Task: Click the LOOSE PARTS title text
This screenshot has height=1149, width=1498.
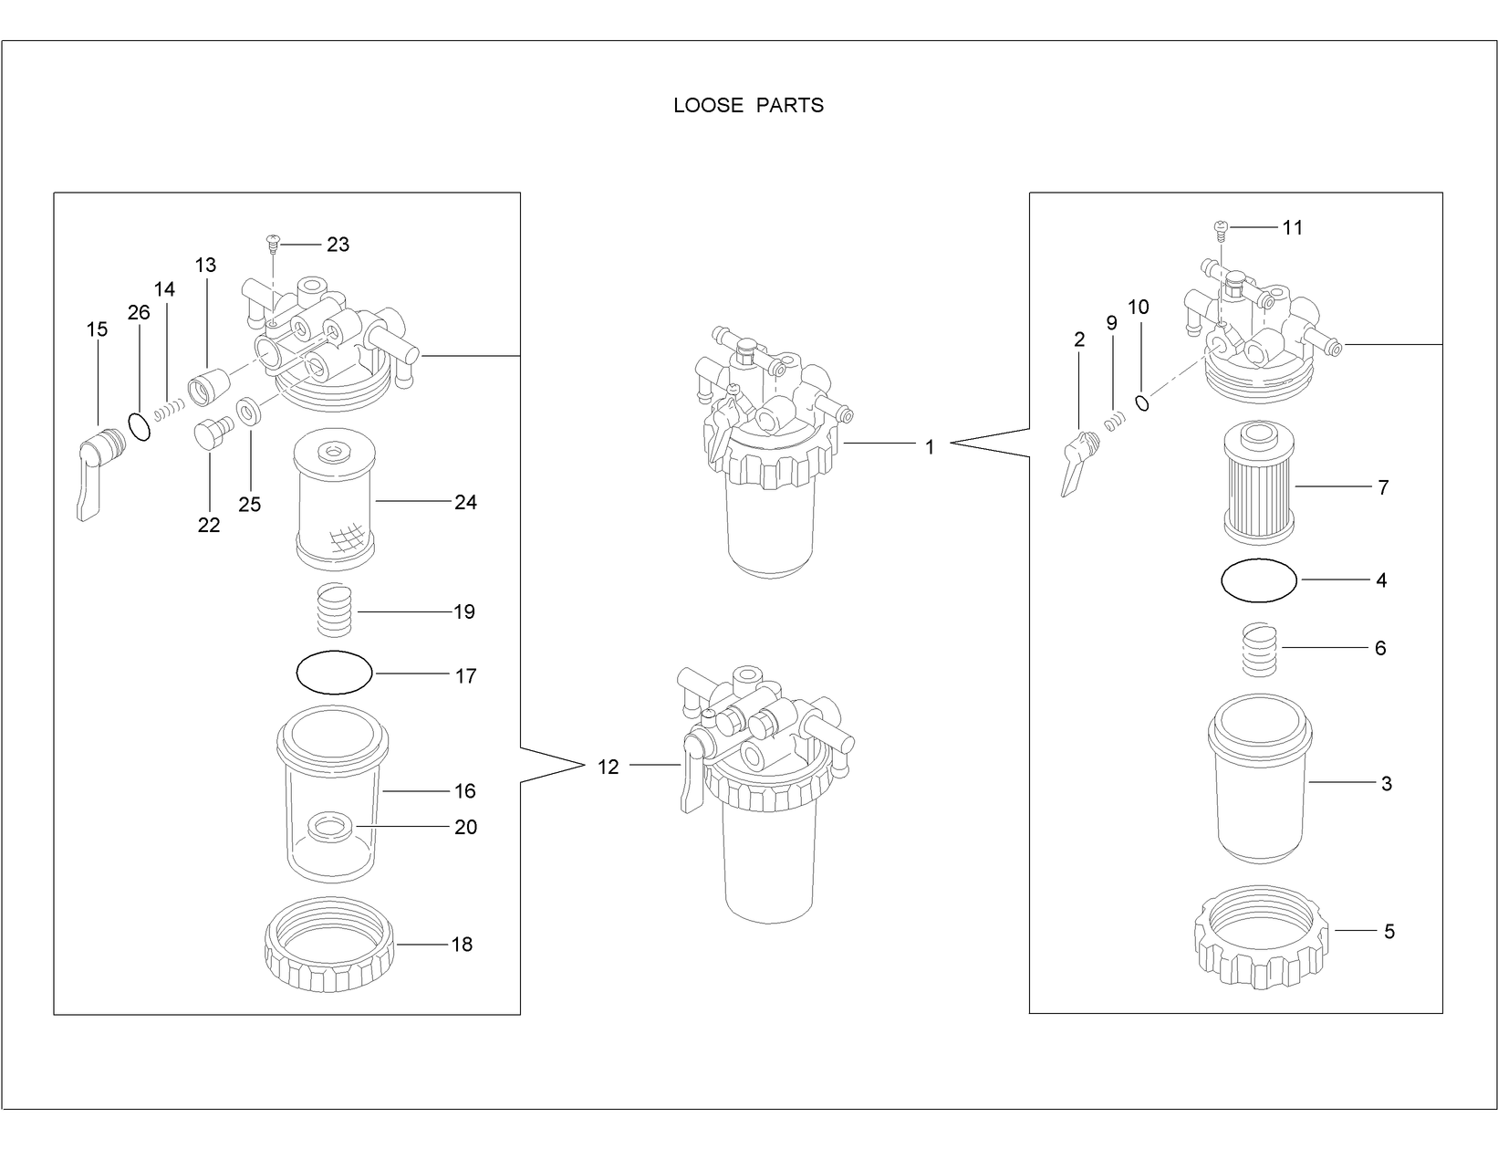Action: (x=748, y=106)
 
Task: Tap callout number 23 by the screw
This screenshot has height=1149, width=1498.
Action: (x=338, y=245)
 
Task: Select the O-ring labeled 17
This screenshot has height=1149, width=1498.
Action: (x=335, y=673)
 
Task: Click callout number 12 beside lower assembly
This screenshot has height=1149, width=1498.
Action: (x=608, y=768)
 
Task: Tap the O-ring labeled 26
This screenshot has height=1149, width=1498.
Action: (x=139, y=426)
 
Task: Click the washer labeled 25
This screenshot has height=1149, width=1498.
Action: (x=247, y=413)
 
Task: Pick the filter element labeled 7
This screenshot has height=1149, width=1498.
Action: (x=1259, y=484)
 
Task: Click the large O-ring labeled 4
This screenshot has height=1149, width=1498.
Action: (x=1258, y=580)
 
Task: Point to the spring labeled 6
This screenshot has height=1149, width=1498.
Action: (x=1258, y=650)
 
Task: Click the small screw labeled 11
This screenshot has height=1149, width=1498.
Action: (x=1221, y=227)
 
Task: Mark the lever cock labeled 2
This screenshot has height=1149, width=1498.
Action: (x=1077, y=461)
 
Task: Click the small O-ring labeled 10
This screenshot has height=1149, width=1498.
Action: (x=1141, y=402)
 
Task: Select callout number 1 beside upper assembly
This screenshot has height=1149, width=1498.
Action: (x=929, y=448)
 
